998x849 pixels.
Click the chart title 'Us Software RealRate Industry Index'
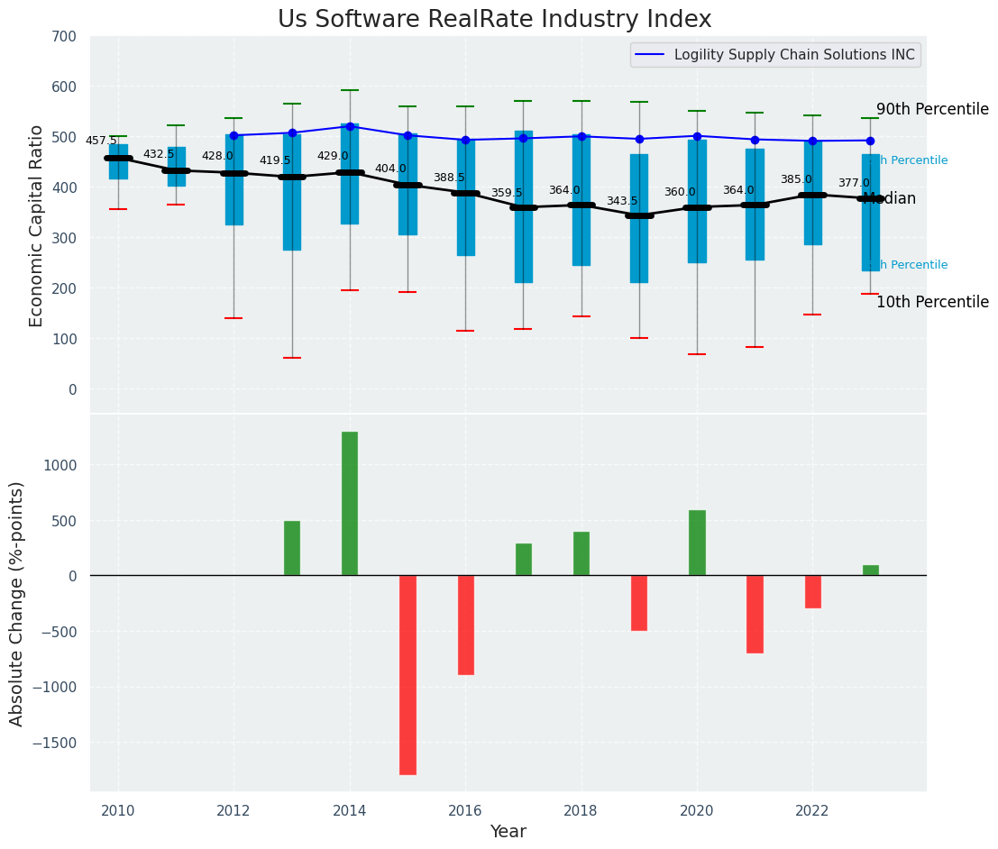click(494, 20)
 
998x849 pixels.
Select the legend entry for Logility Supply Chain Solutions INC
click(793, 55)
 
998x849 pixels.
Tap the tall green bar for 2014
click(350, 503)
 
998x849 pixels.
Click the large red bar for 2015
click(407, 674)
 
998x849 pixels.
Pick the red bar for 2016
click(465, 625)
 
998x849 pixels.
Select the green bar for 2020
click(697, 543)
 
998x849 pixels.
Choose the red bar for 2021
click(755, 614)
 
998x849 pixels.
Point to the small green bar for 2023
click(870, 571)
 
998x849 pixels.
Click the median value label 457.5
click(101, 141)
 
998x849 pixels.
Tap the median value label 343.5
click(622, 201)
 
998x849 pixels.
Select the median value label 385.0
click(796, 179)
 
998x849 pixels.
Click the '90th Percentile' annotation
click(932, 109)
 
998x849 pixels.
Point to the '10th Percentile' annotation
click(932, 302)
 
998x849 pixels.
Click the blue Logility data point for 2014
click(350, 126)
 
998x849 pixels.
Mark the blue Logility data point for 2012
click(233, 135)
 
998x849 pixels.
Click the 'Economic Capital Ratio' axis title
click(37, 226)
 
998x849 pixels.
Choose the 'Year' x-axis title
click(508, 832)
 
